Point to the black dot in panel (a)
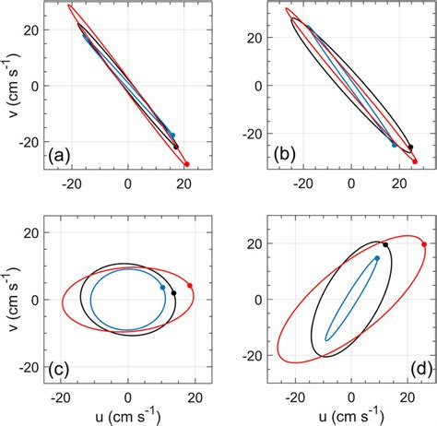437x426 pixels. pos(176,147)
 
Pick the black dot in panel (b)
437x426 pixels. pos(410,147)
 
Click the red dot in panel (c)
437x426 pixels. pos(190,285)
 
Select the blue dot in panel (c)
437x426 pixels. pos(162,288)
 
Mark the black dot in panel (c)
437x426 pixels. pos(173,293)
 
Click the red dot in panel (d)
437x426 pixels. pos(423,244)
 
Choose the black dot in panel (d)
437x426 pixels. pos(384,244)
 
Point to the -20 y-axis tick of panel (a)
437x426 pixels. pos(34,143)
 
